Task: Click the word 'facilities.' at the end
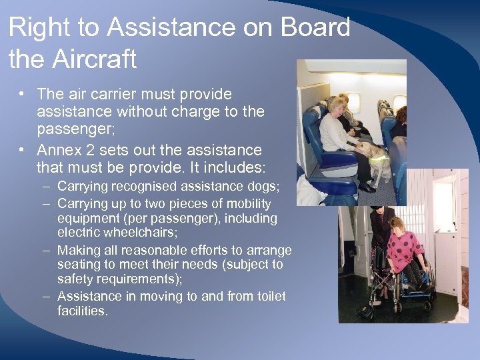(x=83, y=311)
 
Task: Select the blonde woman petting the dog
(x=338, y=127)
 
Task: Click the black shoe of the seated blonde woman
(x=367, y=187)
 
